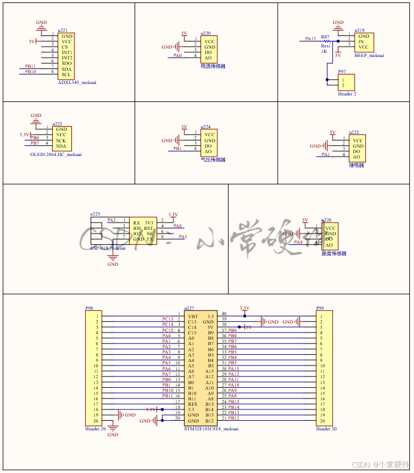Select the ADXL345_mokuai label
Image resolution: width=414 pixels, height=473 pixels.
tap(77, 83)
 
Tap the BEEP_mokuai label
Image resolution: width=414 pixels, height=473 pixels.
tap(369, 55)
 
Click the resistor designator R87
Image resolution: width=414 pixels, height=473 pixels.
tap(325, 37)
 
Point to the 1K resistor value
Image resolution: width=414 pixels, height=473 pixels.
tap(324, 51)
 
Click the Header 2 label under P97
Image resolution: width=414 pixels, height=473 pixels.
tap(347, 94)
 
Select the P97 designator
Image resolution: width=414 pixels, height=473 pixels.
tap(341, 71)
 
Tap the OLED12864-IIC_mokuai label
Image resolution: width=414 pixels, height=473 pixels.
tap(56, 155)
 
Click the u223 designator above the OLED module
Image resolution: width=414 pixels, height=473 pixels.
tap(57, 123)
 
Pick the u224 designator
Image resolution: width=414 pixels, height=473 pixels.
tap(206, 127)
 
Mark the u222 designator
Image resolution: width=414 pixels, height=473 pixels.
tap(354, 132)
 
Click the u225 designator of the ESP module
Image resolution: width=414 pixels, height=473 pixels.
tap(95, 214)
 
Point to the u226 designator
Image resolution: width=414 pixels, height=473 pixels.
tap(326, 220)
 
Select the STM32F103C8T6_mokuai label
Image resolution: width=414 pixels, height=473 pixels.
tap(211, 429)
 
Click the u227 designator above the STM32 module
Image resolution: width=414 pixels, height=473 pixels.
tap(189, 308)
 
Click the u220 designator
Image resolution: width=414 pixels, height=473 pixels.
tap(206, 34)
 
